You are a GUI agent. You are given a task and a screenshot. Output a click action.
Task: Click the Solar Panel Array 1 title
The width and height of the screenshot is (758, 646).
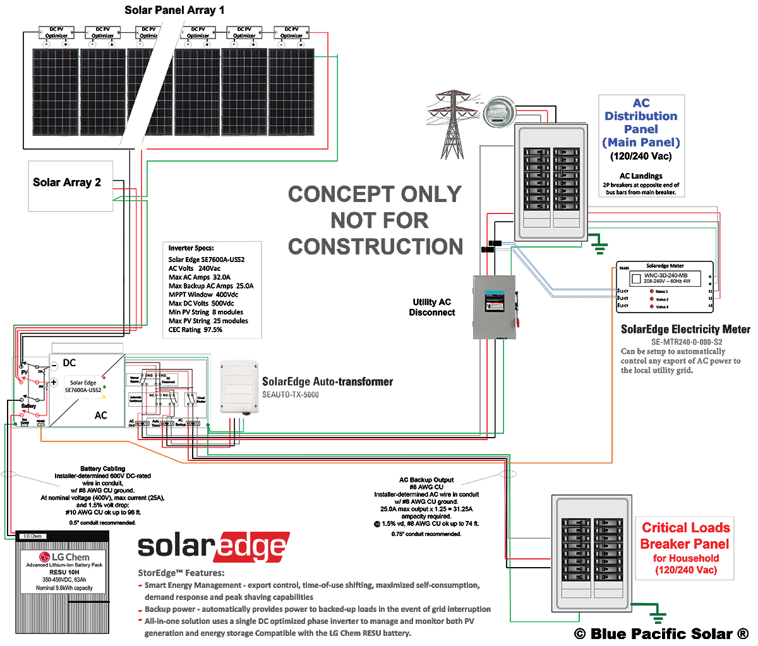click(x=174, y=10)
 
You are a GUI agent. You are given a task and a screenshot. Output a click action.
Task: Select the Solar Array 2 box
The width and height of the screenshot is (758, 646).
click(x=70, y=186)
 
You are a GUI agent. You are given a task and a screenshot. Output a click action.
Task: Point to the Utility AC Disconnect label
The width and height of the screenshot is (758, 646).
click(x=432, y=307)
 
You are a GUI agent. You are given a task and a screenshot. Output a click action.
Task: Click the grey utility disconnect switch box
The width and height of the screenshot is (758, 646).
click(x=494, y=307)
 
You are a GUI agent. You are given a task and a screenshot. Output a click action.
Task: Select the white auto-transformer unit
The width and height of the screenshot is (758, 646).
click(x=239, y=386)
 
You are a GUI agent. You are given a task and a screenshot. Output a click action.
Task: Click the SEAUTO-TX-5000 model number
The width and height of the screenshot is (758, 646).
click(x=291, y=395)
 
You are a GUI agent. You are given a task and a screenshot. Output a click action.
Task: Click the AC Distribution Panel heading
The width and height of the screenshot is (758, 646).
click(x=641, y=123)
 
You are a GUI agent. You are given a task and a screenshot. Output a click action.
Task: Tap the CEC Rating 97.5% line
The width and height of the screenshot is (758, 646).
click(x=195, y=330)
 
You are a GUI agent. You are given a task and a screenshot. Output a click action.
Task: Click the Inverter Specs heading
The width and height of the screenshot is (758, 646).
click(x=191, y=248)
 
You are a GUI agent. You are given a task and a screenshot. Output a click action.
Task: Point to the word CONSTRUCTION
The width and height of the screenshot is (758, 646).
click(x=376, y=246)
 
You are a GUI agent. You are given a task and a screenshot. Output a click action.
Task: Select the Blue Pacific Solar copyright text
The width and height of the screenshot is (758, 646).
click(x=661, y=634)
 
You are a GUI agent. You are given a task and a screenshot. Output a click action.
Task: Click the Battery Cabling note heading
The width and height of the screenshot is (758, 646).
click(x=103, y=469)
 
